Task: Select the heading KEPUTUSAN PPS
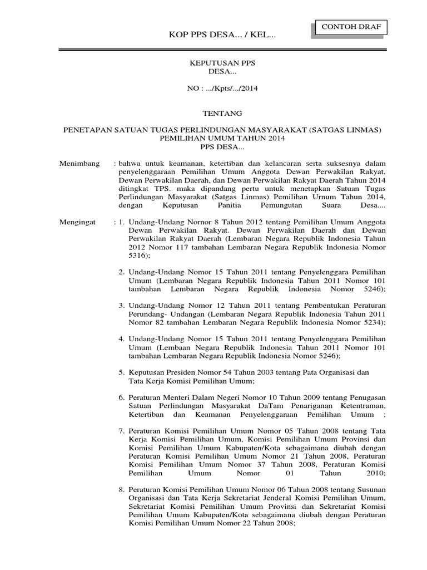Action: (x=222, y=64)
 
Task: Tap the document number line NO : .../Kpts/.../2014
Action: (x=222, y=88)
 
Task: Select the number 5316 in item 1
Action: (x=138, y=255)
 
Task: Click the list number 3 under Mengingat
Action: (x=121, y=306)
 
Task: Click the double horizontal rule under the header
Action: (x=222, y=50)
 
